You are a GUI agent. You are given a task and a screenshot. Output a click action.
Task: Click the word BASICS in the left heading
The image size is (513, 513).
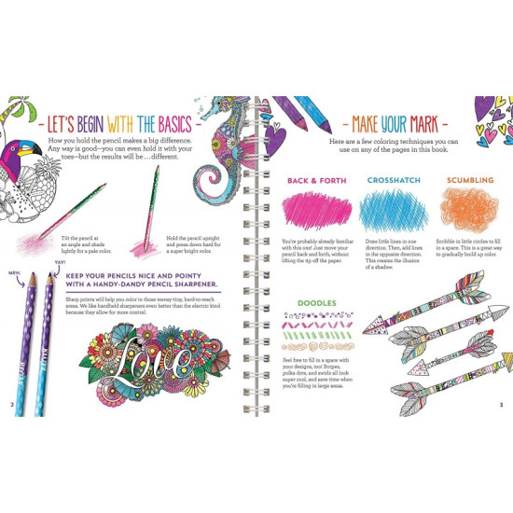(x=186, y=124)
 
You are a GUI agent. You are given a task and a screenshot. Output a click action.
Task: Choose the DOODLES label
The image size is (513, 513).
(x=316, y=303)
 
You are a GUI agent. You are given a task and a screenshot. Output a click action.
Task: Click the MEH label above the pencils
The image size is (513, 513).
(x=14, y=274)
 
